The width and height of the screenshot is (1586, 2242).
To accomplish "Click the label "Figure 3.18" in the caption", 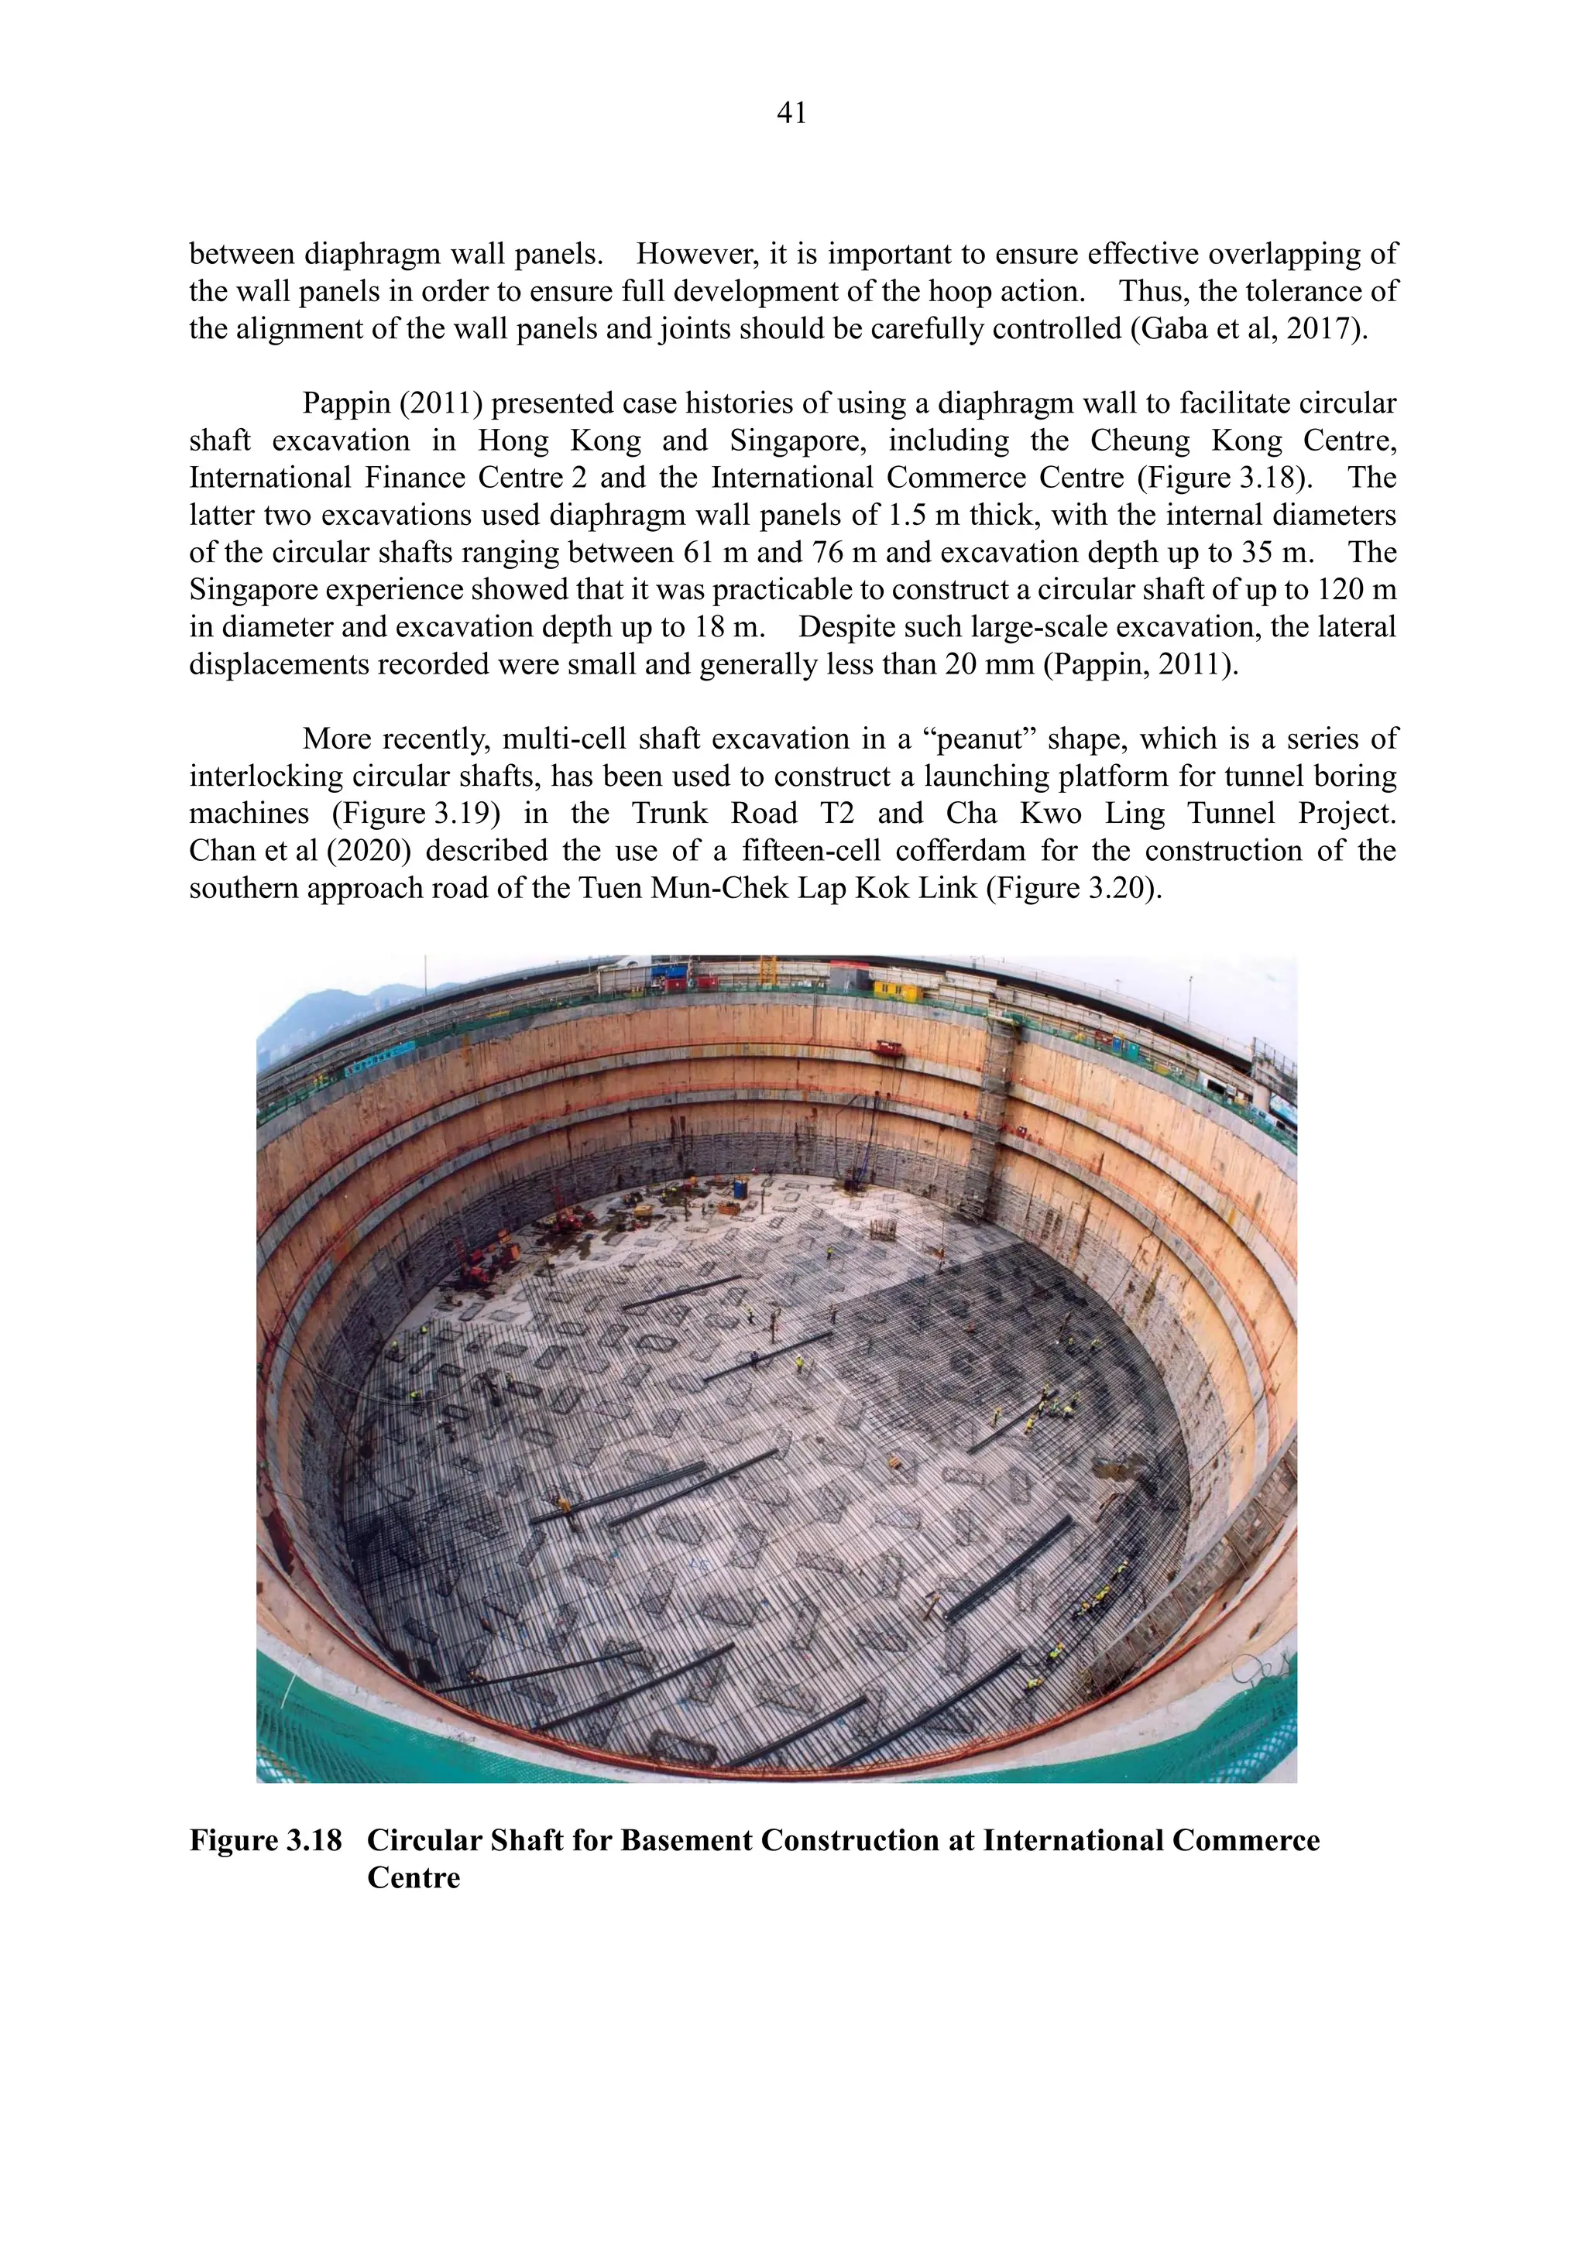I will pyautogui.click(x=265, y=1841).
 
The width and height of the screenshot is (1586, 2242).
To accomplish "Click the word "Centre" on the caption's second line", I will pyautogui.click(x=413, y=1878).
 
